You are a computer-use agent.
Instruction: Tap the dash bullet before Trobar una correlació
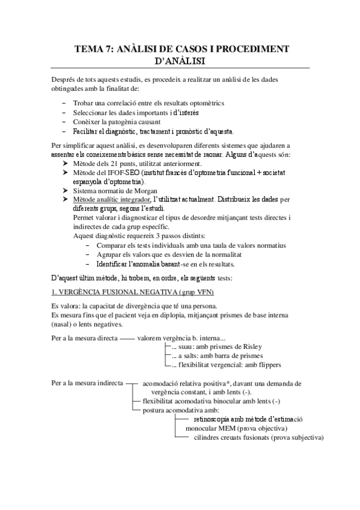pos(64,103)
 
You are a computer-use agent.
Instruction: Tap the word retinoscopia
pos(215,419)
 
